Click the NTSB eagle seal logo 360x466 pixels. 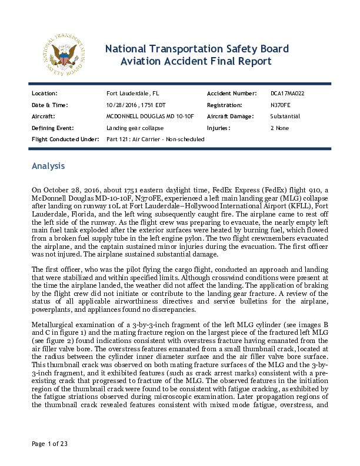point(65,55)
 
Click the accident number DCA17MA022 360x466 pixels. point(287,94)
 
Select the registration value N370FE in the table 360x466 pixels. point(280,105)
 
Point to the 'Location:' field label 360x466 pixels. point(44,94)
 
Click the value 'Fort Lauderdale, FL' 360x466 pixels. point(132,94)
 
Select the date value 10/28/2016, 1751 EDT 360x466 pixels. point(136,105)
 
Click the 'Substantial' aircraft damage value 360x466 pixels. point(285,116)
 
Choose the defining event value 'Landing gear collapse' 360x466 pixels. point(135,128)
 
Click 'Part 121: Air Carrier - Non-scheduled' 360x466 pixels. point(155,139)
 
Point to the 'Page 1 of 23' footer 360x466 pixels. point(49,460)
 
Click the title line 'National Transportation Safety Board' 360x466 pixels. point(196,49)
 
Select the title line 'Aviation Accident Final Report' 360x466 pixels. point(196,61)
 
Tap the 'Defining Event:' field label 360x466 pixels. point(52,128)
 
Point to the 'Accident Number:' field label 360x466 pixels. point(232,94)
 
